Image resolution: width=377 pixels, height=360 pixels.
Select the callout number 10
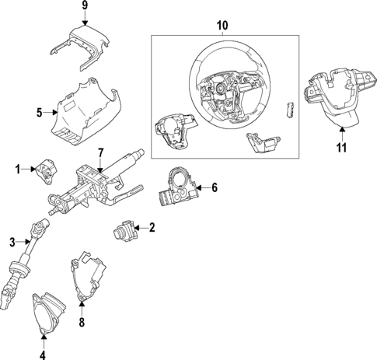(222, 26)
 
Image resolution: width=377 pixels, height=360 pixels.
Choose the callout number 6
(214, 187)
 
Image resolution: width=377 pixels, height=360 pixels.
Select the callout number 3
(12, 243)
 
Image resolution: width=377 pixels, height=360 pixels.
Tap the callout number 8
(82, 320)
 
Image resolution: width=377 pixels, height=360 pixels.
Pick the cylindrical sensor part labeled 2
(124, 231)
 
